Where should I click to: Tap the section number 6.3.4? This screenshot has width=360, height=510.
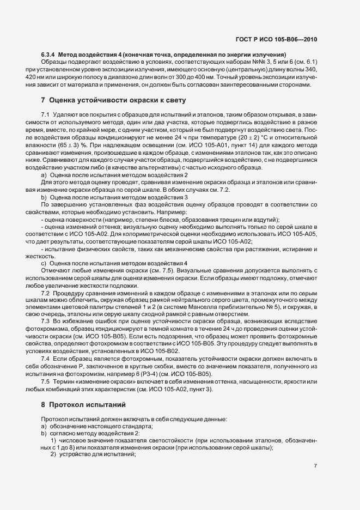click(49, 55)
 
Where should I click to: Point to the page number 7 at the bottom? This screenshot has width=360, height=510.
click(316, 466)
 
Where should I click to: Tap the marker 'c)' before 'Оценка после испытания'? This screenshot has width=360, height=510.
click(44, 263)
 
